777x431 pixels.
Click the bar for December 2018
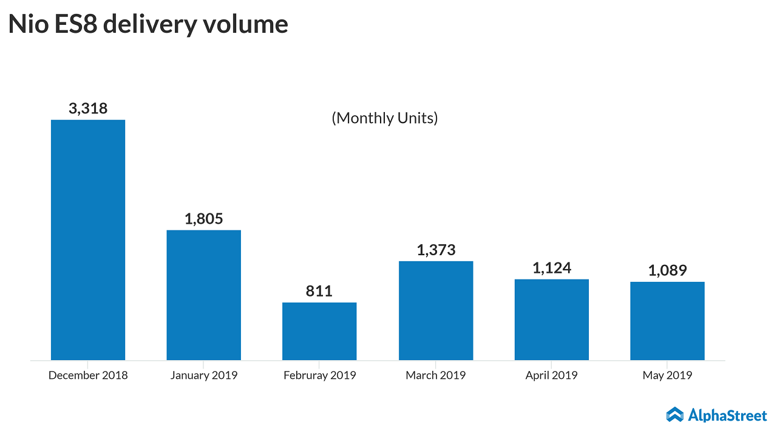click(x=88, y=239)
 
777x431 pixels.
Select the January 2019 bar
click(x=204, y=295)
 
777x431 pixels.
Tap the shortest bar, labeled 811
click(x=319, y=331)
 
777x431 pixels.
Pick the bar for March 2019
click(x=436, y=310)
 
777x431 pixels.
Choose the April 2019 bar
click(x=552, y=319)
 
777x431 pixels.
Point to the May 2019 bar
click(x=667, y=321)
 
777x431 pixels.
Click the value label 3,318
click(x=88, y=109)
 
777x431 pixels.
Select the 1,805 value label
click(x=204, y=219)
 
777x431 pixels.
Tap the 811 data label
click(x=319, y=292)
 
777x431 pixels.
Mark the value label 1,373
click(x=436, y=250)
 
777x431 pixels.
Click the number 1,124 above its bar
click(x=552, y=268)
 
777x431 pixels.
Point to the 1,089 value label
click(x=667, y=270)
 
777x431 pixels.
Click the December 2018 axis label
click(x=88, y=375)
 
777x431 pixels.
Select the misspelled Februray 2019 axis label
click(x=319, y=375)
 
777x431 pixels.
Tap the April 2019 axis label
click(x=552, y=375)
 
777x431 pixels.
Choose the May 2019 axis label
click(x=667, y=375)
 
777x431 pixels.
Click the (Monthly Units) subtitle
click(x=385, y=118)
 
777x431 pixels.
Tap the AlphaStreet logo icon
click(x=674, y=415)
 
